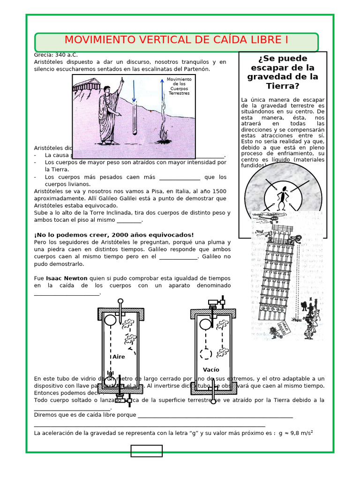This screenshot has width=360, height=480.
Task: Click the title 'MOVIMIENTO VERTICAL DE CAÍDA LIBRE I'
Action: pos(176,40)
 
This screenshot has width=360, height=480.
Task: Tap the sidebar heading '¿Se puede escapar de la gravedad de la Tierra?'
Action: pos(282,72)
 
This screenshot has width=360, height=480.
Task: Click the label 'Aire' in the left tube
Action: pos(119,357)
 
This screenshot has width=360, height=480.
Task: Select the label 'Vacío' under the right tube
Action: pos(211,370)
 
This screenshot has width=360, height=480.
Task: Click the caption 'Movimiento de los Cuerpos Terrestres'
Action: pos(179,86)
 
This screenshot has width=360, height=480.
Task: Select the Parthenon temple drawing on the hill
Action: pos(85,85)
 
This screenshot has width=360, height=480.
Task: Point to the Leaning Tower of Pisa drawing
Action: pos(277,277)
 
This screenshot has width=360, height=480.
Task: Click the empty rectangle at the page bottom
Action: pos(146,451)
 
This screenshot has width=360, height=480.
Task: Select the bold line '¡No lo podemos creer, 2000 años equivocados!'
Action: pos(114,235)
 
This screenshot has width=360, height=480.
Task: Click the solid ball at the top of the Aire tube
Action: pos(110,321)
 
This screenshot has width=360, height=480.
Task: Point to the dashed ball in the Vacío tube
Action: pos(206,353)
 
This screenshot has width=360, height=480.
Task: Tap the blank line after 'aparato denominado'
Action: pos(67,293)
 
